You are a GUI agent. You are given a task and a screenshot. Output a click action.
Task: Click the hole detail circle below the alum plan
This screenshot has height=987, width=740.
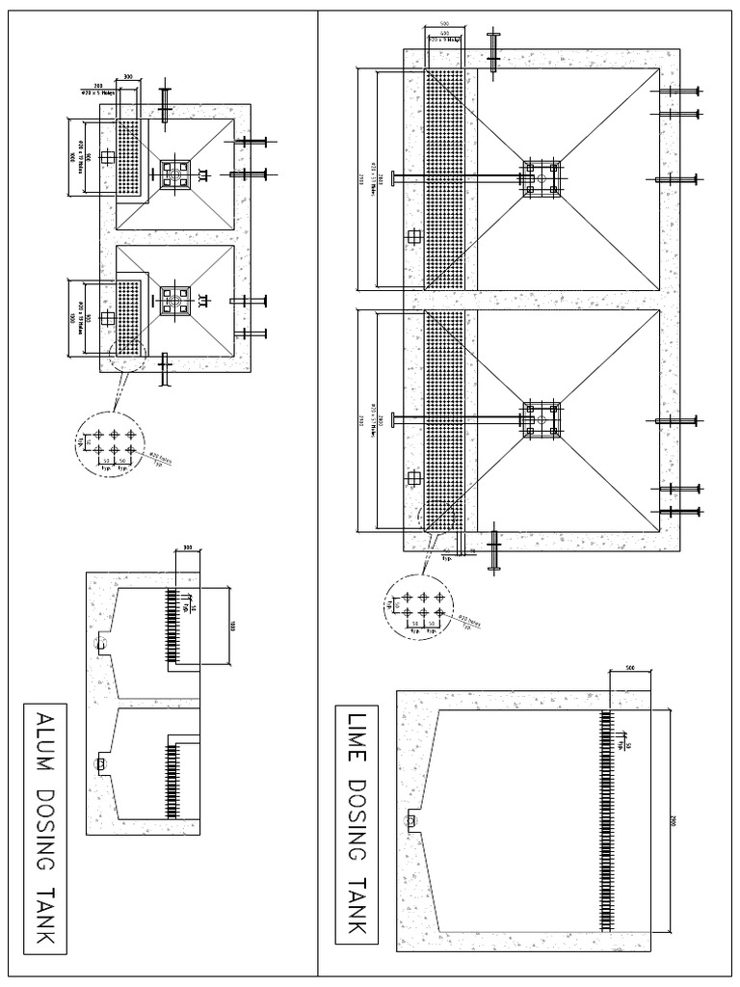(x=112, y=443)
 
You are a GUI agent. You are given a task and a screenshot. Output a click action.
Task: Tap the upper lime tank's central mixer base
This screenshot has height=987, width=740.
(x=542, y=179)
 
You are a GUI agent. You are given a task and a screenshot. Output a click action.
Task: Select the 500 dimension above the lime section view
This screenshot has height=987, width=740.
(x=629, y=666)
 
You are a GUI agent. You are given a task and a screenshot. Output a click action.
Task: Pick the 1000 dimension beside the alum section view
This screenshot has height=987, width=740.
(x=231, y=625)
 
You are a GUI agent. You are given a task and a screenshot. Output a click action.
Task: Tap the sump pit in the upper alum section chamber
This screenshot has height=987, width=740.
(x=99, y=643)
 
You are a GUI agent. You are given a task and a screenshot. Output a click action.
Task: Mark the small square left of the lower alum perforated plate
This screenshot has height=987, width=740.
(x=104, y=318)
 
